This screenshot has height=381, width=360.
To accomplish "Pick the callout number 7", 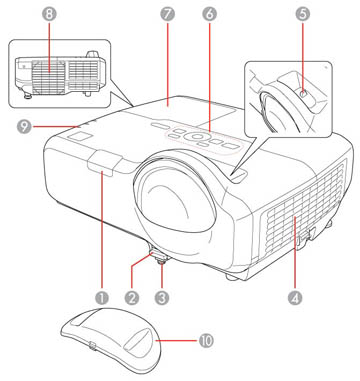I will coord(167,15).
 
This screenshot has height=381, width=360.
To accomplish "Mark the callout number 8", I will coord(20,15).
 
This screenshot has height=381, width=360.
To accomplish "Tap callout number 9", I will coord(20,126).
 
